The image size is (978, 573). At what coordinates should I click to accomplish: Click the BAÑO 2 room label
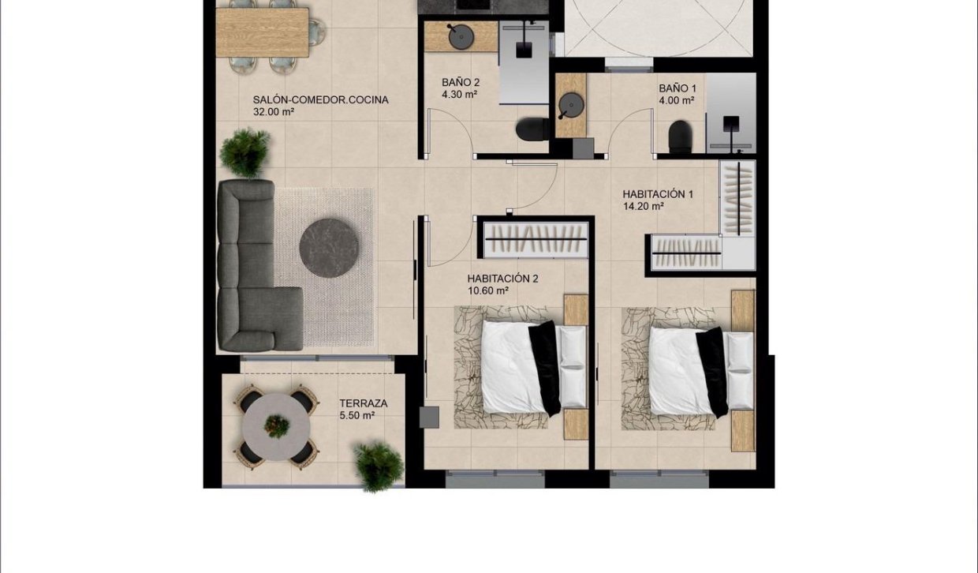(461, 82)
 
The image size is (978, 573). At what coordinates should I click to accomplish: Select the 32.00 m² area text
(274, 112)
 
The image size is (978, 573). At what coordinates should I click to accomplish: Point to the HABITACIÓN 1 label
(658, 193)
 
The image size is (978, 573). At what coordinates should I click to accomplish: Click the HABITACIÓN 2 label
(502, 278)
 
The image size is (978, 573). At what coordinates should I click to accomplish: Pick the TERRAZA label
(363, 403)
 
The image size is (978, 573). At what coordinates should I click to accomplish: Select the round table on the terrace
(276, 427)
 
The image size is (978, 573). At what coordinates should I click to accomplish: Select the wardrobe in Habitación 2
(536, 238)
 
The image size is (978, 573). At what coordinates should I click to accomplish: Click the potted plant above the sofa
(244, 152)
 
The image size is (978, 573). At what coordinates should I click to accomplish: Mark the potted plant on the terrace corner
(378, 465)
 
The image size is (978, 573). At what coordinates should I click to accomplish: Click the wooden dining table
(262, 32)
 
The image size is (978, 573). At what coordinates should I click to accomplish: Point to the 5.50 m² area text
(357, 415)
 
